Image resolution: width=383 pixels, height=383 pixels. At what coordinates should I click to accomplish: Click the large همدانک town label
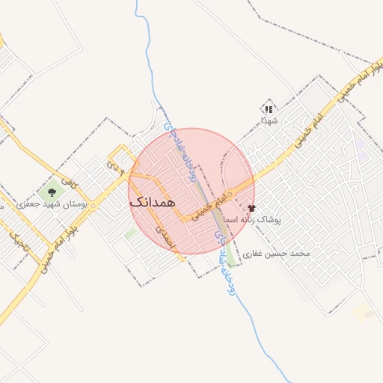tap(152, 202)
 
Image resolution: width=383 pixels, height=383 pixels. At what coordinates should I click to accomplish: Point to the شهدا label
tap(269, 120)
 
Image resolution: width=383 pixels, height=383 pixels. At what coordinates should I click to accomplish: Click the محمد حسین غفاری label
tap(281, 254)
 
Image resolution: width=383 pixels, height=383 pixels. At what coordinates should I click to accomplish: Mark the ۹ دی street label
tap(114, 160)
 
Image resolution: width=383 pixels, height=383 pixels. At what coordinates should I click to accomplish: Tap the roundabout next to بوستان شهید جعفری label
tap(84, 203)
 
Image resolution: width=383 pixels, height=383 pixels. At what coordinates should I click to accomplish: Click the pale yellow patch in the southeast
tap(363, 313)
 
